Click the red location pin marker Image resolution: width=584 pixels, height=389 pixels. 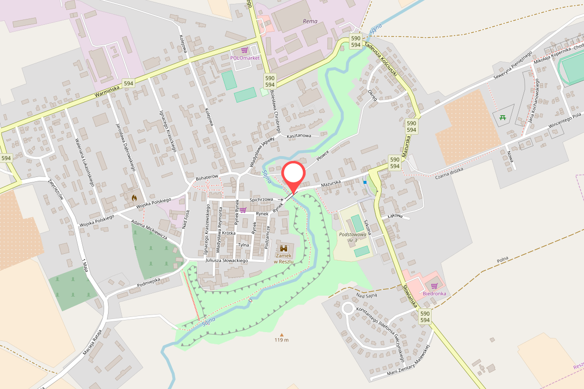click(293, 176)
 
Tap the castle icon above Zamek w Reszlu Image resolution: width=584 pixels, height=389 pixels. click(284, 248)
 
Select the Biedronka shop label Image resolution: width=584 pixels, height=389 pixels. click(434, 293)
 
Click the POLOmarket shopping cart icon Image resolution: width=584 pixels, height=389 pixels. click(244, 51)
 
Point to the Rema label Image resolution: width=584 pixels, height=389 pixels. click(310, 21)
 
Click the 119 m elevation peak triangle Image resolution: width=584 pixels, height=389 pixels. click(281, 335)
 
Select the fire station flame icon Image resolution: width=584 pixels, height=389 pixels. click(134, 198)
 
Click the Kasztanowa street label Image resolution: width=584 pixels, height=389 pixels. click(299, 136)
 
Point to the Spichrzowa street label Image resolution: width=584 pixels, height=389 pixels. click(261, 199)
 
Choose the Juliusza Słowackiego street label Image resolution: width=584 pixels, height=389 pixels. click(227, 261)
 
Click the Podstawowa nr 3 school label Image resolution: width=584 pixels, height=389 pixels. click(352, 237)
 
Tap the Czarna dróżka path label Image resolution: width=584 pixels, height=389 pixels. click(448, 173)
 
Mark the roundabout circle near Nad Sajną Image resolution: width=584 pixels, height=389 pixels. click(347, 308)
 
